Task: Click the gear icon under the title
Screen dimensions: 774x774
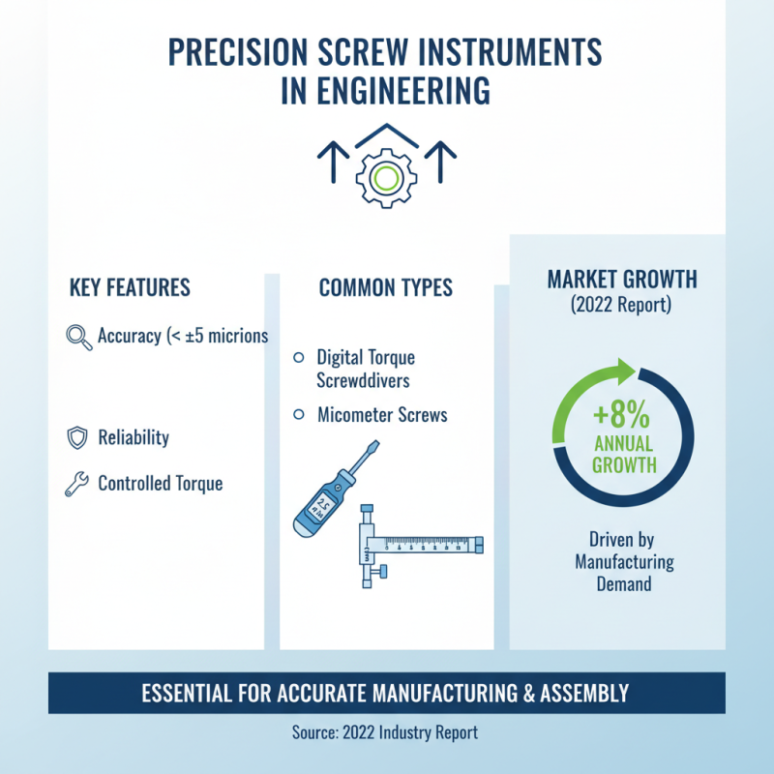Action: tap(385, 176)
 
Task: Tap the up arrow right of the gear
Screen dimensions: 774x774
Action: tap(441, 162)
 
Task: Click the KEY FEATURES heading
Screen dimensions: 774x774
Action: tap(130, 288)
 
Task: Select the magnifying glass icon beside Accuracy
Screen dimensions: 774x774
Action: tap(77, 337)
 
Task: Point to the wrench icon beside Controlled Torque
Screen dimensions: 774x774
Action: tap(76, 483)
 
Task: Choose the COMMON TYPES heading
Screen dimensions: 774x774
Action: tap(385, 288)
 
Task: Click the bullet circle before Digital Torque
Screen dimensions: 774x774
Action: tap(298, 358)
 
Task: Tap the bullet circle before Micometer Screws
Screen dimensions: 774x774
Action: tap(298, 415)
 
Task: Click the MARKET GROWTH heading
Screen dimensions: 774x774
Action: tap(622, 281)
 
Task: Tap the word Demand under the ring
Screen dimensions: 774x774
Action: tap(624, 584)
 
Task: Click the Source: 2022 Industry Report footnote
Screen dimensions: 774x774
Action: tap(385, 732)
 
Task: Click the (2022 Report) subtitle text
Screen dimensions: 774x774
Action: tap(622, 306)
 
